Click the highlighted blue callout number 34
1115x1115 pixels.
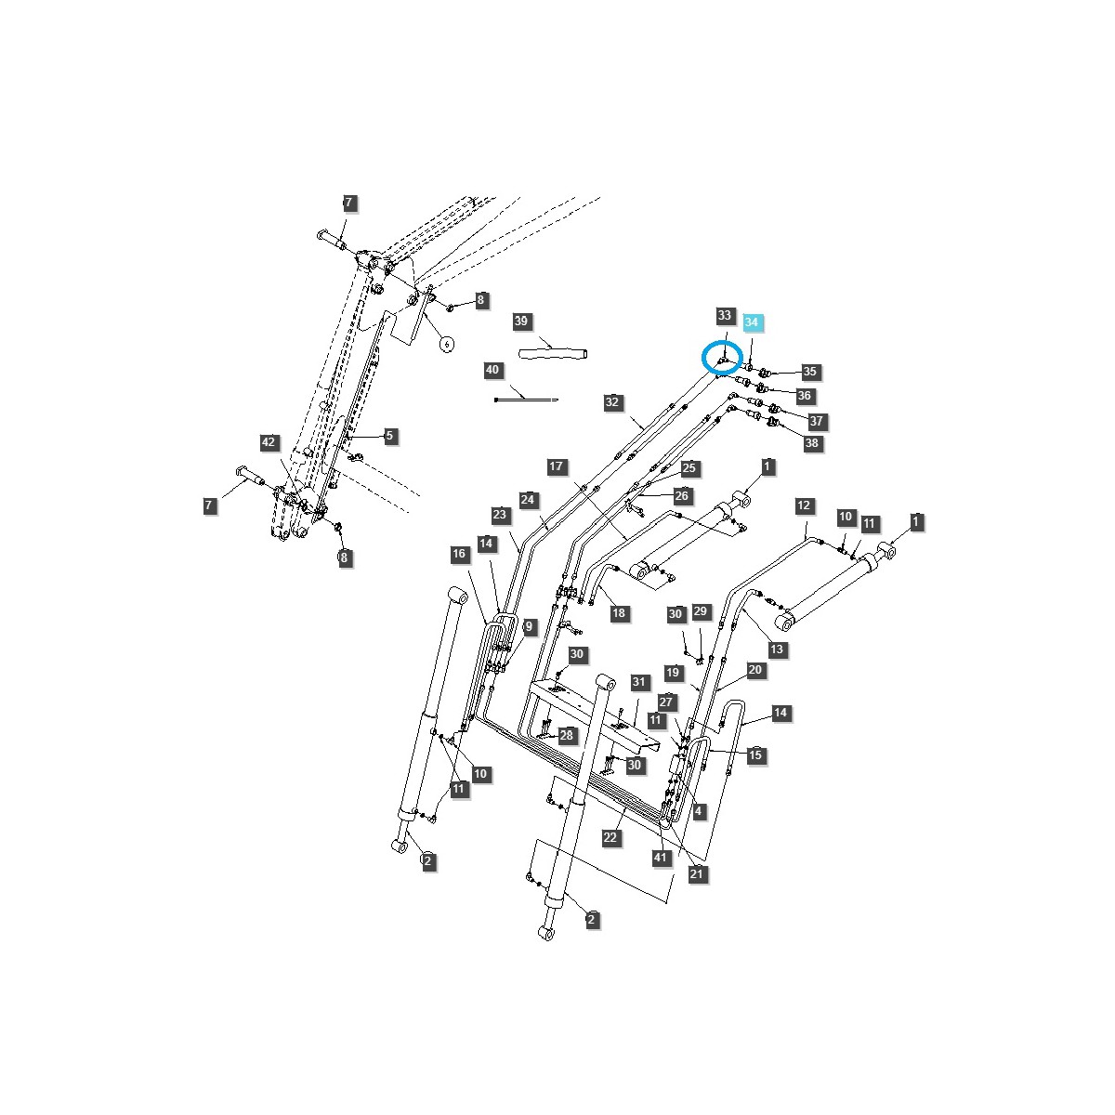tap(752, 322)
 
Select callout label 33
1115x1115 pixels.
tap(726, 316)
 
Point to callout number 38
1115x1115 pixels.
tap(812, 444)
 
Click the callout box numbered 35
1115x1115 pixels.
tap(810, 372)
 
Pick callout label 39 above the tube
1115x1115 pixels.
tap(521, 321)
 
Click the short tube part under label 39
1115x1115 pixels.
tap(555, 353)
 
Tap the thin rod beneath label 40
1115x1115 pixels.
tap(526, 399)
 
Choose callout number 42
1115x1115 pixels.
tap(269, 442)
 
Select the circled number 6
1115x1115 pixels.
tap(447, 344)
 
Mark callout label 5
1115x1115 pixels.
tap(390, 436)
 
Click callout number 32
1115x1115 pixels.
tap(611, 402)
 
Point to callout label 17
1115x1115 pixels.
tap(556, 466)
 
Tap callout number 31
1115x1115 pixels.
tap(638, 683)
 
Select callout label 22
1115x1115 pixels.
tap(610, 837)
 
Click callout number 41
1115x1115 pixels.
tap(661, 858)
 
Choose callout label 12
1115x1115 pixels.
tap(804, 505)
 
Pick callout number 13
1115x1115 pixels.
tap(777, 649)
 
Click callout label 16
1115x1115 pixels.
tap(459, 555)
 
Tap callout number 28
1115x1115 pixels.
tap(566, 735)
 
